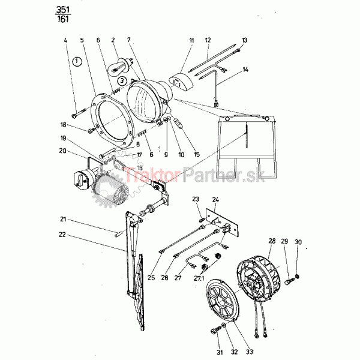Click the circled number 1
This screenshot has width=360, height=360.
pos(77,62)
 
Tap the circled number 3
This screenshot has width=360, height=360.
pos(122,80)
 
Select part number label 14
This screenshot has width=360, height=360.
pos(245,70)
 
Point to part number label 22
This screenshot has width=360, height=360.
pos(62,235)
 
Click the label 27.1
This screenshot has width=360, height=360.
pos(199,278)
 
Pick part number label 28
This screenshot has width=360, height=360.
pos(272,241)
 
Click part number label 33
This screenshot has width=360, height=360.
pos(250,352)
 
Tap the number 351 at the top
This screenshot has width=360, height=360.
pos(62,10)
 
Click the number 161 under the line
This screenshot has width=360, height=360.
pos(62,19)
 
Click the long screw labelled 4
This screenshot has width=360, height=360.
pos(79,113)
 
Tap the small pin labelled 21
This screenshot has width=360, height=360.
pos(119,235)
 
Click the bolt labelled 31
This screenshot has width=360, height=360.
pos(215,331)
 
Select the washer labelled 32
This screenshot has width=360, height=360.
pos(223,325)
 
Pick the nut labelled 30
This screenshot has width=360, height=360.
pos(298,276)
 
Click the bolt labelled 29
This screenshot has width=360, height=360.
pos(290,281)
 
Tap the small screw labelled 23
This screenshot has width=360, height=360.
pos(202,220)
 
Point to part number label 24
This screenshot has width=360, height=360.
pos(215,200)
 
